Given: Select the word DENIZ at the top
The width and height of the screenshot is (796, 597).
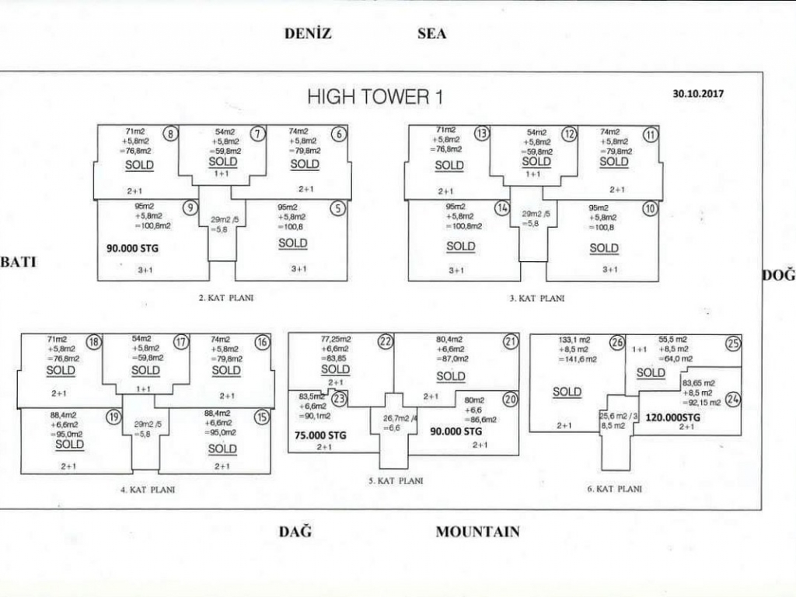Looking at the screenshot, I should pyautogui.click(x=308, y=33).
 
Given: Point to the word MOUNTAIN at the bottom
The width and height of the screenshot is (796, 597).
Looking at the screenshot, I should pyautogui.click(x=477, y=532).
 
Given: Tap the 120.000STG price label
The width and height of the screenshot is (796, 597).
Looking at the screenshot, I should pyautogui.click(x=672, y=417).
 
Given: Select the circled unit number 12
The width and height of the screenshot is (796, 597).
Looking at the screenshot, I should pyautogui.click(x=570, y=134).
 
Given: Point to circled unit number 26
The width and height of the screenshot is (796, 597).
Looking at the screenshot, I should pyautogui.click(x=617, y=342).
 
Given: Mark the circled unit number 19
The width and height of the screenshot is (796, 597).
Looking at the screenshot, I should pyautogui.click(x=114, y=417).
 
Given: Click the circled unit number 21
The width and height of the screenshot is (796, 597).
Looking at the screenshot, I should pyautogui.click(x=511, y=341).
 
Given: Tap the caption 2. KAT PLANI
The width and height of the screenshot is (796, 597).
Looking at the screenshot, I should pyautogui.click(x=225, y=297).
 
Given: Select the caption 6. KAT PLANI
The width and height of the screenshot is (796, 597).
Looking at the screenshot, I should pyautogui.click(x=615, y=489).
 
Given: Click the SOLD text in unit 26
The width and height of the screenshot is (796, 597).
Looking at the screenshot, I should pyautogui.click(x=567, y=392).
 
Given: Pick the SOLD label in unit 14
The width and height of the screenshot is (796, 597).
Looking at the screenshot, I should pyautogui.click(x=461, y=246).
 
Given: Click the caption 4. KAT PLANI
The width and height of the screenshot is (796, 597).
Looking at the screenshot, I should pyautogui.click(x=148, y=490).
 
